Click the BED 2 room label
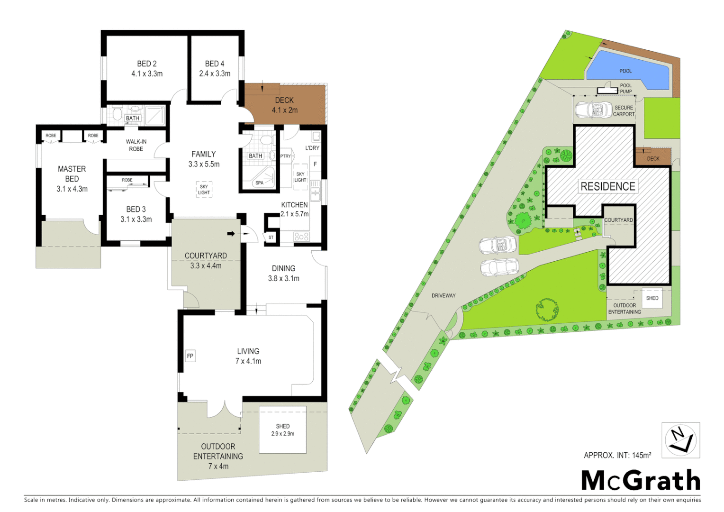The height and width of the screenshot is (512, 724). (147, 64)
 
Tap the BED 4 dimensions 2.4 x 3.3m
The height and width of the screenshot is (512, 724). (215, 74)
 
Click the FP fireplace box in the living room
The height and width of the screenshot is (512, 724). (190, 356)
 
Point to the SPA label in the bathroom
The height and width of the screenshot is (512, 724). (260, 183)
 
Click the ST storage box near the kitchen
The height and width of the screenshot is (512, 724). (271, 238)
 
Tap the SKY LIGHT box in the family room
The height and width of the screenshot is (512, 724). (204, 190)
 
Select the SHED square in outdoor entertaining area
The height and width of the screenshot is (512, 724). (283, 430)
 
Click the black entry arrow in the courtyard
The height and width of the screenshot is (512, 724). (231, 233)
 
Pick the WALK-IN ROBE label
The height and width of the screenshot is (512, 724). (136, 145)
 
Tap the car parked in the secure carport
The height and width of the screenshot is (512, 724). (593, 110)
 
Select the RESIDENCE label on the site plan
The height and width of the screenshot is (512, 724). (608, 186)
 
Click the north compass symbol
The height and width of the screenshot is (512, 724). (680, 440)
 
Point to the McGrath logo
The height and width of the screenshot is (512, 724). (641, 481)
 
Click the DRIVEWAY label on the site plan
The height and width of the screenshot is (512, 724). (443, 296)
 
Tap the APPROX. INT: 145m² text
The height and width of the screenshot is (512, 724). (617, 455)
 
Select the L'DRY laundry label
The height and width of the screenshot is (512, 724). (312, 148)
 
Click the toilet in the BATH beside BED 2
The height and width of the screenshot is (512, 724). (117, 114)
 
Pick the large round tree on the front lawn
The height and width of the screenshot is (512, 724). (547, 310)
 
